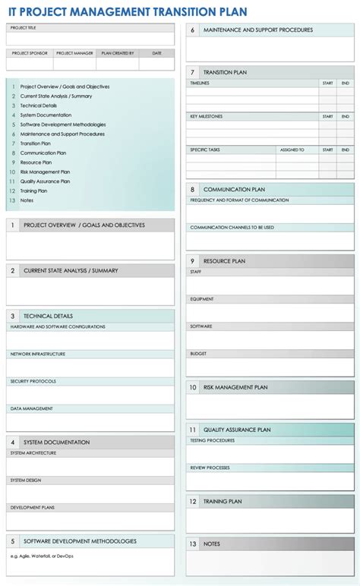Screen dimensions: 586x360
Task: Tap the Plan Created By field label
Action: coord(118,53)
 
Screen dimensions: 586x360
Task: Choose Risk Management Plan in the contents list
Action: coord(45,172)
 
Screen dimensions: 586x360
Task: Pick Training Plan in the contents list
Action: coord(33,191)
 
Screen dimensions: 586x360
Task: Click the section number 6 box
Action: coord(193,30)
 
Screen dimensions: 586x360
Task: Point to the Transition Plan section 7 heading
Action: coord(225,72)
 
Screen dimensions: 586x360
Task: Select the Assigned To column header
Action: coord(292,150)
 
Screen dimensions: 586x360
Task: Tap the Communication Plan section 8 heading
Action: coord(234,189)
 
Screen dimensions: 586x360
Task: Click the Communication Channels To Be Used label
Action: coord(232,228)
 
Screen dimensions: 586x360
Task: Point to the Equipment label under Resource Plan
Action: coord(202,299)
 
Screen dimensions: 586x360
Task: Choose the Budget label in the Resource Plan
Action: coord(198,354)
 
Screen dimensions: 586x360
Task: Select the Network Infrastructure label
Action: coord(37,354)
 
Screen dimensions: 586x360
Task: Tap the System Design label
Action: coord(27,480)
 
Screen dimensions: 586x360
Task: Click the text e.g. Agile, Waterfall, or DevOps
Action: coord(42,556)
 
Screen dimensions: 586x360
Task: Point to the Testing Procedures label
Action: coord(212,440)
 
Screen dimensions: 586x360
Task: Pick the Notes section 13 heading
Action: coord(212,543)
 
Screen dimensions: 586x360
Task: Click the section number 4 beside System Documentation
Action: coord(13,442)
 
